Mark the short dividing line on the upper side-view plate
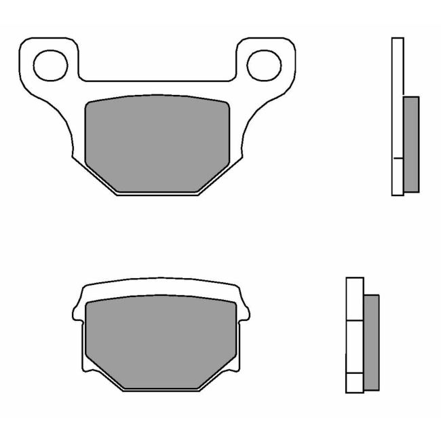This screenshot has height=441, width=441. (398, 158)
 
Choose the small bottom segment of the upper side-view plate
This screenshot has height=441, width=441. (398, 176)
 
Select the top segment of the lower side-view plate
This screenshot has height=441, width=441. (355, 299)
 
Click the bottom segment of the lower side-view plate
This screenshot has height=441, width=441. (355, 383)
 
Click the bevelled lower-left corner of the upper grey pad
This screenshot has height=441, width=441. (102, 178)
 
